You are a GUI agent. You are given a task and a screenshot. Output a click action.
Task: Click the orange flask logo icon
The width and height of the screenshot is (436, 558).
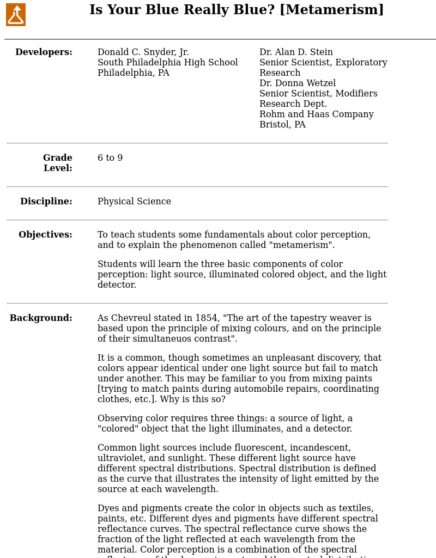point(16,15)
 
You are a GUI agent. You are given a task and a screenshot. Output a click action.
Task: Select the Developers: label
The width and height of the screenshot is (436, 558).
point(44,52)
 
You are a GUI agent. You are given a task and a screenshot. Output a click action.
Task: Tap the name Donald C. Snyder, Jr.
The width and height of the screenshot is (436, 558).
point(143,52)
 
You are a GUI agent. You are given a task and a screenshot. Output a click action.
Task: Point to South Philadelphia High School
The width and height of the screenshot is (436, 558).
point(167,63)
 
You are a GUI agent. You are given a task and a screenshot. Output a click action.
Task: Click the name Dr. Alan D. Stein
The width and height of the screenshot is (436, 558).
point(296,52)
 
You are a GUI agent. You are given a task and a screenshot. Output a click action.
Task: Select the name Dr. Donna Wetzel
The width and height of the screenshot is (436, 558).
point(298,83)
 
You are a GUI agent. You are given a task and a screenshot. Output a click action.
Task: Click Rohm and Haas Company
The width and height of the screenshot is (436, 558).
point(316,114)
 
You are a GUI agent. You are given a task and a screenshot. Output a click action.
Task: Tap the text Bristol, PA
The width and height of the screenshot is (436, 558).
point(282,125)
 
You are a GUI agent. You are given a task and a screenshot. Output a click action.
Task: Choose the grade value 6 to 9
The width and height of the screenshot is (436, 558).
point(110,158)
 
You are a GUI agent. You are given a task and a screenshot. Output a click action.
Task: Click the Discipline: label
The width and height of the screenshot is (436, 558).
point(46,202)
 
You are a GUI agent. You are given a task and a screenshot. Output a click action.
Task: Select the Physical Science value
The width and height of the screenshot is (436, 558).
point(134,202)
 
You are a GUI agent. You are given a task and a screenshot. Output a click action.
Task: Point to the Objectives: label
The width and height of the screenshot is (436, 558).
point(45,235)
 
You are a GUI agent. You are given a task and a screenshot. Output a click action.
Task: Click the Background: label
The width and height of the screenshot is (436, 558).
point(41,318)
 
